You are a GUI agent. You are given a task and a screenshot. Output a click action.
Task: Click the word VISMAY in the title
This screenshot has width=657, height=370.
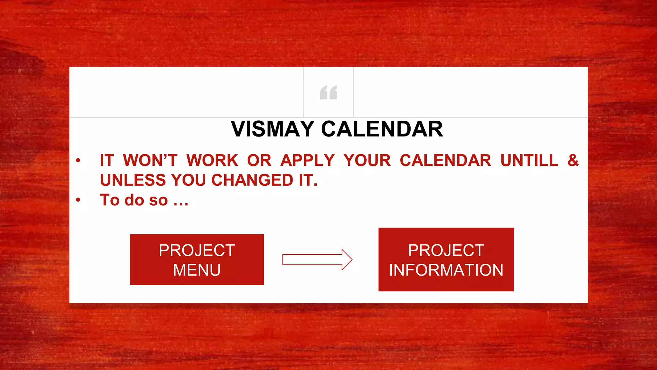point(272,129)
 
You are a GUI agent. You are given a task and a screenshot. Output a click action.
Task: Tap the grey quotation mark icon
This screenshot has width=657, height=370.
point(328,92)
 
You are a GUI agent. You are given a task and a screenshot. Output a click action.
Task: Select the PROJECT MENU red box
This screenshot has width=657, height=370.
point(197,260)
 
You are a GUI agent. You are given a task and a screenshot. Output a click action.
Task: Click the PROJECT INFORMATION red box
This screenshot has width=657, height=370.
point(446,260)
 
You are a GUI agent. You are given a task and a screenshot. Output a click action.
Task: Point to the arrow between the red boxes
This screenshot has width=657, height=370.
point(317,260)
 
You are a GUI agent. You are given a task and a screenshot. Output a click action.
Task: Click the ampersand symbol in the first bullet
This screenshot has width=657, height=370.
point(573,160)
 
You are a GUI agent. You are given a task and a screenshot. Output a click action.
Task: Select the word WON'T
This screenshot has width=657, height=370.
point(150,160)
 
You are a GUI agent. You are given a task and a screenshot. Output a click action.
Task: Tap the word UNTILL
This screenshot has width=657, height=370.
point(529,160)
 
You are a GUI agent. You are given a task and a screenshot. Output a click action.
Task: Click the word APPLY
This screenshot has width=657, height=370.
point(307,160)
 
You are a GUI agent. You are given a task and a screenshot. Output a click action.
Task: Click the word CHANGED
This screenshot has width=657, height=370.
point(252,180)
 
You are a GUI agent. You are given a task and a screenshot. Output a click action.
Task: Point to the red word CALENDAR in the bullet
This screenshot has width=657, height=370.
point(445,160)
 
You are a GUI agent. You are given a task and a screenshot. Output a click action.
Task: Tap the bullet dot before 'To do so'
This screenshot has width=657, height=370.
point(78,200)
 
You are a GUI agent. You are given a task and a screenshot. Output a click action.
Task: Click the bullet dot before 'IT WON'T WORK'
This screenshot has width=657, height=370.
point(78,160)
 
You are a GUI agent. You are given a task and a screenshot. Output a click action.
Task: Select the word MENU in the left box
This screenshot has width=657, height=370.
point(197,270)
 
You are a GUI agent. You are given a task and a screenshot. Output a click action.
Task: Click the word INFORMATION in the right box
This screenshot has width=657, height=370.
point(446,270)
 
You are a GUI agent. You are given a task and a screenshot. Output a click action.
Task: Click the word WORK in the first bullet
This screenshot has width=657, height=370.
point(212,160)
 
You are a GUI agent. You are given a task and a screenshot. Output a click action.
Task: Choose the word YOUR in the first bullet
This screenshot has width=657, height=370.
point(367,160)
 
